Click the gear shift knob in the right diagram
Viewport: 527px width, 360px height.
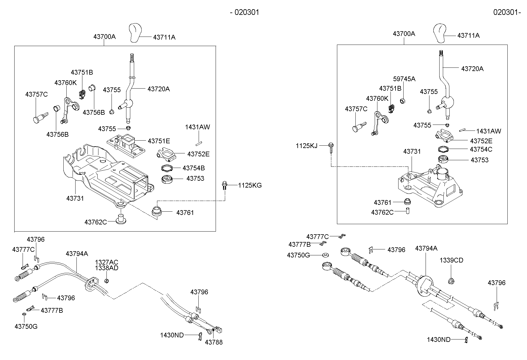[x=439, y=33]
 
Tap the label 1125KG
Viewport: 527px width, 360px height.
[x=250, y=185]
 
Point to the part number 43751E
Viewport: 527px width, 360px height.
[x=159, y=141]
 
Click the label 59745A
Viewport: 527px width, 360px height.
[x=404, y=79]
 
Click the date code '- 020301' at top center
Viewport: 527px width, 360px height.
[x=244, y=12]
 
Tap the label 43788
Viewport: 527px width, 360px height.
[x=214, y=342]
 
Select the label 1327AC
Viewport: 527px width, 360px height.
[x=106, y=262]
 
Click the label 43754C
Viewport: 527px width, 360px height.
[x=481, y=149]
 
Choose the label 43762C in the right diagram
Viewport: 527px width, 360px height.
[x=382, y=212]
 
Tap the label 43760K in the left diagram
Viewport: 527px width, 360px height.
[x=65, y=83]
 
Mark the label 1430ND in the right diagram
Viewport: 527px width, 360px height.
[x=438, y=339]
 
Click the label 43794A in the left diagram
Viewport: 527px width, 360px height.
[x=77, y=254]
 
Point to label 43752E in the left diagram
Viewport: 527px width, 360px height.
[x=198, y=154]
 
